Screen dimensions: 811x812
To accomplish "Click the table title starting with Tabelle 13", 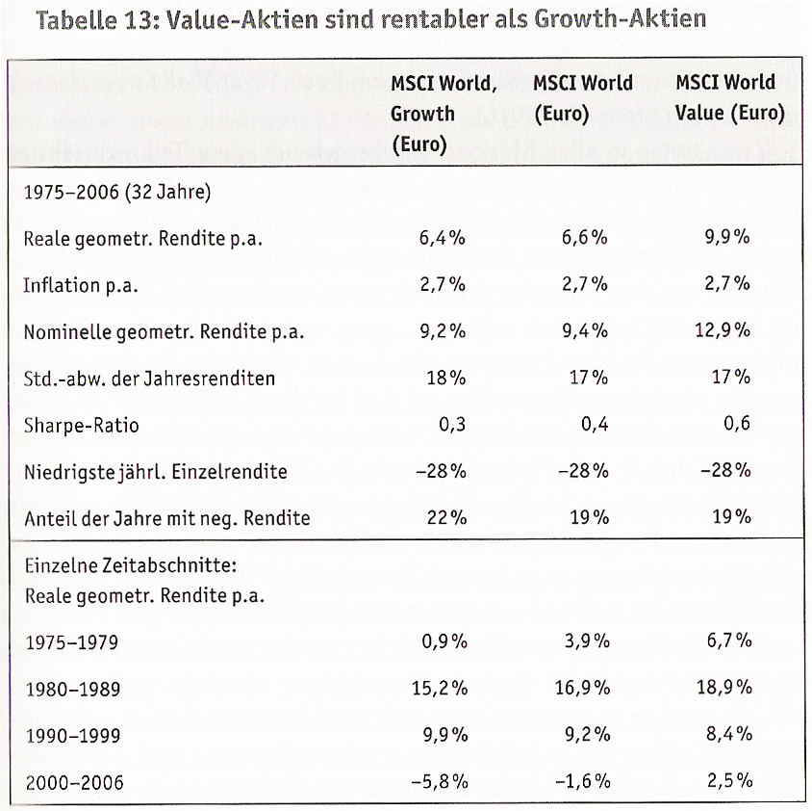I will coord(369,20).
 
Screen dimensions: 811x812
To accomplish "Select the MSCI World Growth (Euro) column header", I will coord(444,114).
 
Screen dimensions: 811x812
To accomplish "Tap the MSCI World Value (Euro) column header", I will coord(729,98).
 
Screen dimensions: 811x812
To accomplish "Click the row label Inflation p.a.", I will coord(78,284).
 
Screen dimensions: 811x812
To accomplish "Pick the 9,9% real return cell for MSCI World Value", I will coord(726,237).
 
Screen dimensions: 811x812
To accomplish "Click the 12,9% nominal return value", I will coord(722,330).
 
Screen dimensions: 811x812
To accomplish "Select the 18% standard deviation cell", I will coord(445,378).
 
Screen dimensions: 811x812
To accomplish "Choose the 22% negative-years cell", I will coord(445,517).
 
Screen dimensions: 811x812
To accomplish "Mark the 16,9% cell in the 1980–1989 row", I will coord(584,688).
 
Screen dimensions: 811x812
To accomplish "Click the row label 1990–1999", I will coord(74,735).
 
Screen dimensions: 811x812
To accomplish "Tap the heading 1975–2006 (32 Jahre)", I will coord(116,191).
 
